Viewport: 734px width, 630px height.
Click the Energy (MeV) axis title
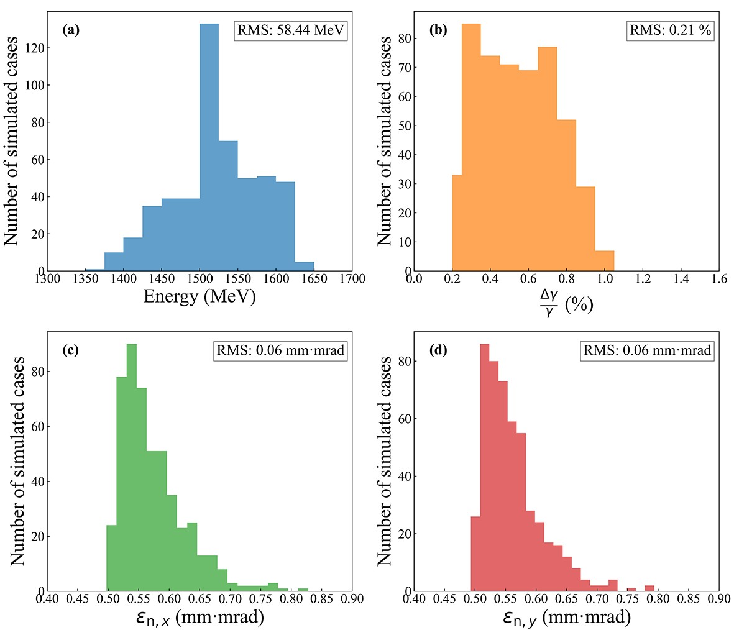200,296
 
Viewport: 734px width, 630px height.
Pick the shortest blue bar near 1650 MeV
305,267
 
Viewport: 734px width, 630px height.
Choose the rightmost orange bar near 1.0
604,261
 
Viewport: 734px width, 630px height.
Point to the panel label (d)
439,350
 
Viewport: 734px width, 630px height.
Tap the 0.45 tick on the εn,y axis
444,599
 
